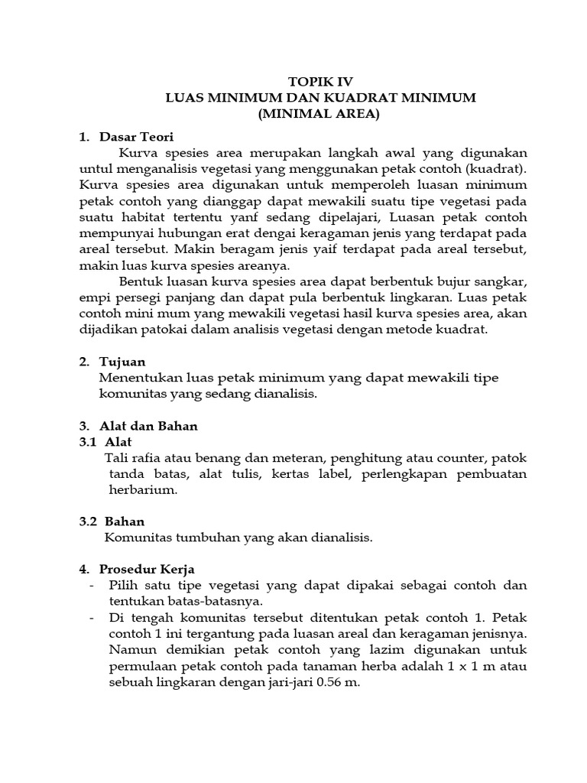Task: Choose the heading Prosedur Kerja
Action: tap(148, 569)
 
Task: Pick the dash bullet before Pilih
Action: tap(92, 586)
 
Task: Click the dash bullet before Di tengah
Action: tap(92, 618)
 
